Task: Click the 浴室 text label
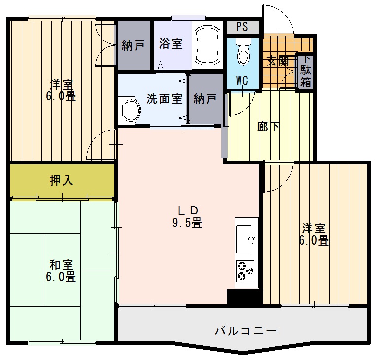[171, 44]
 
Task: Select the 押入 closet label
[62, 181]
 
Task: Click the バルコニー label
[246, 331]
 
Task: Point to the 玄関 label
[277, 62]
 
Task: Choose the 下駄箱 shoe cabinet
[306, 71]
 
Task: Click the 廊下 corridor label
[269, 127]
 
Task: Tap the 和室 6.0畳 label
[61, 270]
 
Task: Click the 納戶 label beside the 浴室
[133, 46]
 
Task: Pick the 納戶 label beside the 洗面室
[205, 98]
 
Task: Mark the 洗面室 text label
[165, 98]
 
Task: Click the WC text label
[241, 80]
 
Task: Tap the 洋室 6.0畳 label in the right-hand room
[314, 235]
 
